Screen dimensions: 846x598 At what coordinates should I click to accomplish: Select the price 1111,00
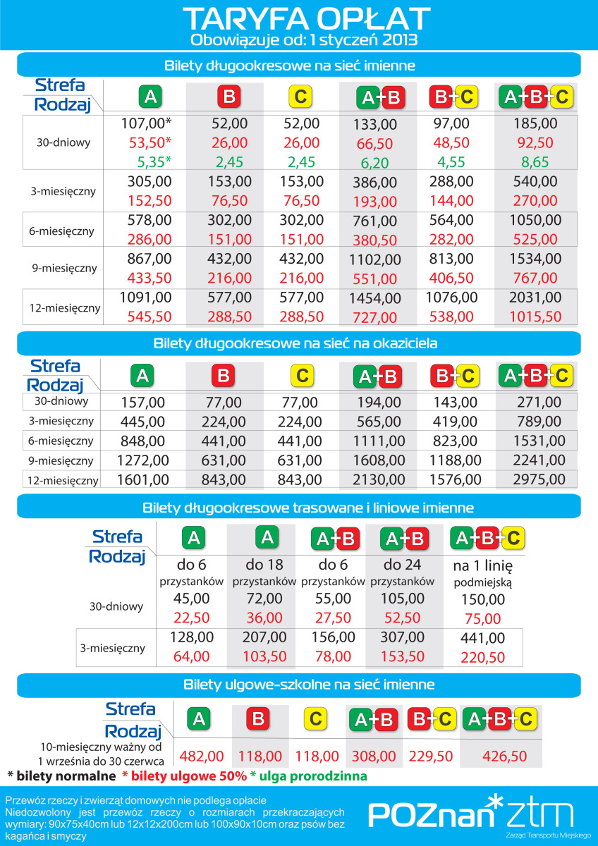click(379, 441)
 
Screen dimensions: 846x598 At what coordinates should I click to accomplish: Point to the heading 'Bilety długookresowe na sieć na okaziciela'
click(295, 344)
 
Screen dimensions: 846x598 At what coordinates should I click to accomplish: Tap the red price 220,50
click(483, 657)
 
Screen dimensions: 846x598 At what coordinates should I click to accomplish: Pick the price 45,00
click(191, 599)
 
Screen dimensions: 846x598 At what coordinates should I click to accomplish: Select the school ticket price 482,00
click(200, 756)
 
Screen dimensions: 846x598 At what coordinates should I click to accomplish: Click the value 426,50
click(504, 756)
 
